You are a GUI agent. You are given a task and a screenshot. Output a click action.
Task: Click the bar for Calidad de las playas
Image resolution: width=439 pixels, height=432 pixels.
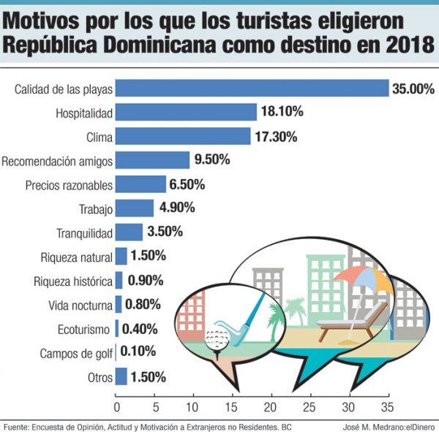point(252,88)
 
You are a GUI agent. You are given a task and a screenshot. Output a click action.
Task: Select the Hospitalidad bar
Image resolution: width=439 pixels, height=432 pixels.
point(187,113)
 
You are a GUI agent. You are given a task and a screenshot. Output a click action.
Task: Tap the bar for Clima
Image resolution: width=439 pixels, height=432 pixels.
point(184,137)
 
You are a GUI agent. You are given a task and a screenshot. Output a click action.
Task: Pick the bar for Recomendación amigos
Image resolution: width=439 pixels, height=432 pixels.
point(153,160)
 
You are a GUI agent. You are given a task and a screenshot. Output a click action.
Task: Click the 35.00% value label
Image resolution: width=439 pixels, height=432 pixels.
point(413,89)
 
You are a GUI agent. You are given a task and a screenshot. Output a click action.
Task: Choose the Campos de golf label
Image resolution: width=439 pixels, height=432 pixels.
point(77,354)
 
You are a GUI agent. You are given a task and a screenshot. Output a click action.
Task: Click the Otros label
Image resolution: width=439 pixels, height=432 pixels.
point(100,378)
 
